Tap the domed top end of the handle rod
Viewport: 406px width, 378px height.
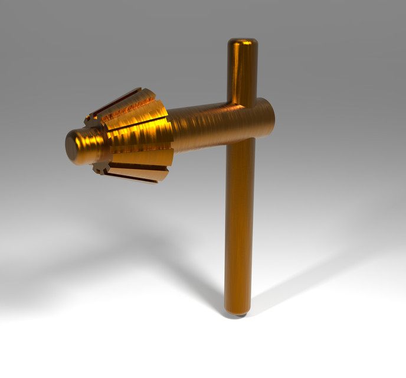tap(243, 43)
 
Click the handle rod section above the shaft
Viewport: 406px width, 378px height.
tap(243, 71)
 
